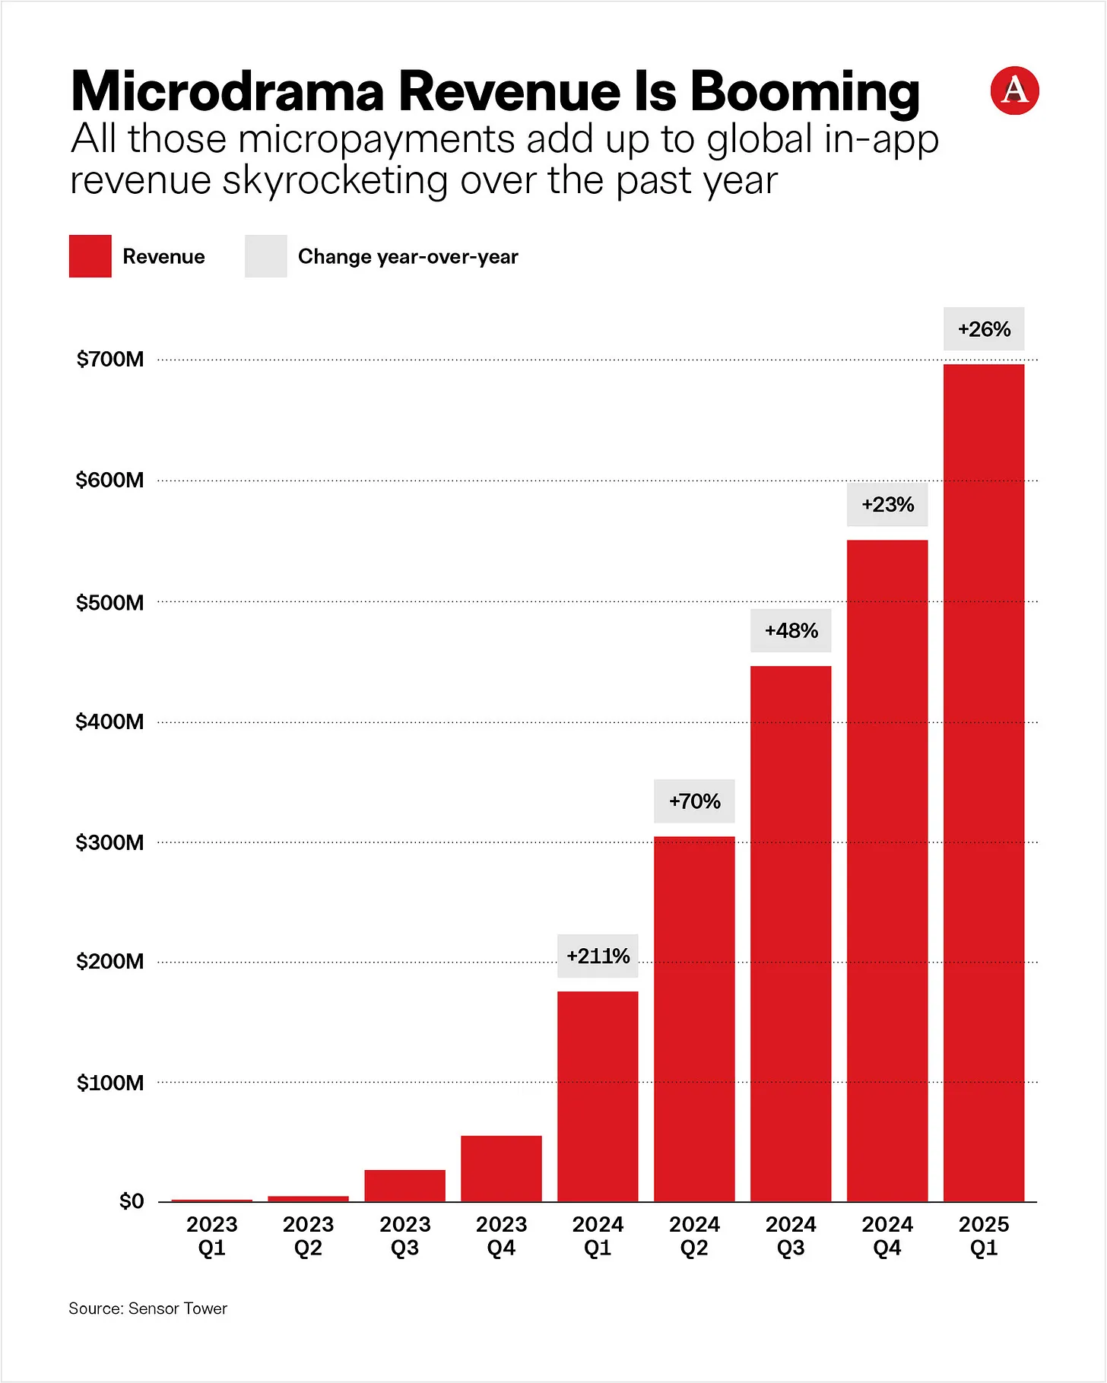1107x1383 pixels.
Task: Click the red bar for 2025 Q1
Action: [x=983, y=783]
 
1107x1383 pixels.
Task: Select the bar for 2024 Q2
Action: [x=694, y=1019]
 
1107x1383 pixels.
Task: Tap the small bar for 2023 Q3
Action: [x=404, y=1186]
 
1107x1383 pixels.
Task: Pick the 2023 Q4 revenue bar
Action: [x=501, y=1169]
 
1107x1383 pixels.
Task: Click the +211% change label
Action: [x=598, y=956]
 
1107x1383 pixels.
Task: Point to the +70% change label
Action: [x=694, y=801]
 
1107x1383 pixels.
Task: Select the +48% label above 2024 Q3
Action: [x=791, y=630]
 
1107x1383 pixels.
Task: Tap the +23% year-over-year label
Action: [x=887, y=504]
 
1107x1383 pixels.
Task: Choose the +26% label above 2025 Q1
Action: [x=984, y=329]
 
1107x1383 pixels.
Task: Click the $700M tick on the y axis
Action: [x=109, y=359]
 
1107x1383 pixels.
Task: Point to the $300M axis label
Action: [x=109, y=842]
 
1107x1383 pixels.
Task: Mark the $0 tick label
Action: [x=131, y=1201]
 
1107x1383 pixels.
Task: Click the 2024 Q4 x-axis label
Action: [x=887, y=1236]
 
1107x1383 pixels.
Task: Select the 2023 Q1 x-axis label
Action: [x=212, y=1236]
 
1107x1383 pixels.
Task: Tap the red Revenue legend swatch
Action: [x=90, y=256]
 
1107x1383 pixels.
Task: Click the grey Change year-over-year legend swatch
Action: [x=265, y=256]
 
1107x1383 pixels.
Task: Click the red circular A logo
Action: [x=1014, y=91]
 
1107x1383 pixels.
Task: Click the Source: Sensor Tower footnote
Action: [x=147, y=1308]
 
